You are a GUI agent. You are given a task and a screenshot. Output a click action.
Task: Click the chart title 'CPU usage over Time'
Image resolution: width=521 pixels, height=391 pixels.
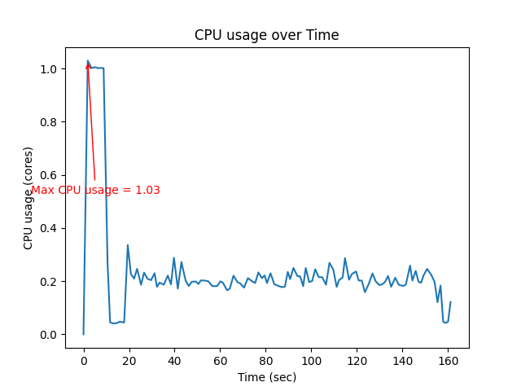(266, 35)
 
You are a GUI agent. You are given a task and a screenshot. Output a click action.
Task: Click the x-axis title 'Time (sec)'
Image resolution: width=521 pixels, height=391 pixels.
(266, 377)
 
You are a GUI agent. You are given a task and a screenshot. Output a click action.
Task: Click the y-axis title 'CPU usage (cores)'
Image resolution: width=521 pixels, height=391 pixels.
(28, 198)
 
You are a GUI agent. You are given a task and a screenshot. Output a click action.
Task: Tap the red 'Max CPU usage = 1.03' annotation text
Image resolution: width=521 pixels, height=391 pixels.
(95, 190)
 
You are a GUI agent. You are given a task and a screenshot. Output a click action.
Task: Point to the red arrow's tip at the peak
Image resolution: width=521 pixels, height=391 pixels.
(88, 62)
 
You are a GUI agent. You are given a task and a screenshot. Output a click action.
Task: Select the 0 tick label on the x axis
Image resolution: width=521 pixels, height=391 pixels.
(83, 361)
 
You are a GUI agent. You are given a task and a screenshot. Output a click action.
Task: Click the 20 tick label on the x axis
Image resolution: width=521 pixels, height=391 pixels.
(129, 361)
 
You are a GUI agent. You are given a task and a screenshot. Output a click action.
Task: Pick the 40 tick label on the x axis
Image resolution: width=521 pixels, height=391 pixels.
(174, 361)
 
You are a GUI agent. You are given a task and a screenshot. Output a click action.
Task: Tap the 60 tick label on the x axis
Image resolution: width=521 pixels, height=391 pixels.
(220, 361)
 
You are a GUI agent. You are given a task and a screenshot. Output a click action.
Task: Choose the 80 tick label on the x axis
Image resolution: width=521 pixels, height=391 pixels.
(265, 361)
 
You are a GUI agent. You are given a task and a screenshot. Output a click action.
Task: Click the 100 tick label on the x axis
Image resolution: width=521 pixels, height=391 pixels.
(311, 361)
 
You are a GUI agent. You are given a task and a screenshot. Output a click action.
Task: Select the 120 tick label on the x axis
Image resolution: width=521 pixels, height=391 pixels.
(357, 361)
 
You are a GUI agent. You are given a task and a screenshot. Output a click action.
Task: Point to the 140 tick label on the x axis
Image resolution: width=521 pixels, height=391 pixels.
(402, 361)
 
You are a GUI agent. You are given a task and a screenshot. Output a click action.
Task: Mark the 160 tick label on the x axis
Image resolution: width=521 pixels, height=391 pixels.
(448, 361)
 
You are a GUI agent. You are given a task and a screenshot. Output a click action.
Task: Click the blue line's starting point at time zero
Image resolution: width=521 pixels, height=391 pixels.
(83, 334)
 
